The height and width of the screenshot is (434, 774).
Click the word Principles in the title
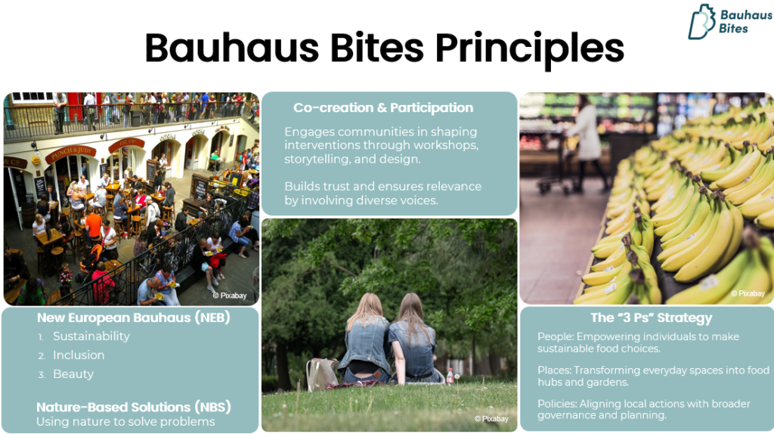(529, 49)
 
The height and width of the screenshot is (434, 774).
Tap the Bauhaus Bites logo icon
(701, 22)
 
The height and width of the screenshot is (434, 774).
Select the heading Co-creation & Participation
(383, 107)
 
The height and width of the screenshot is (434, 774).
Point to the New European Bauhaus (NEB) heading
(134, 318)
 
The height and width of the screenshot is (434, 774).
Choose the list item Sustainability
(91, 336)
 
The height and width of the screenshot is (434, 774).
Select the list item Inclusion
(79, 355)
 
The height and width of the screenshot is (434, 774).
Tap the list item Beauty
(73, 374)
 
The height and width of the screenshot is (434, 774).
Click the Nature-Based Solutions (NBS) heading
(134, 408)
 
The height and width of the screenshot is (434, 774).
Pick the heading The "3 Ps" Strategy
(651, 318)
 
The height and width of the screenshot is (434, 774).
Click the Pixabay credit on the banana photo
(748, 293)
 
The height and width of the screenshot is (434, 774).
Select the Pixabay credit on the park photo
(491, 419)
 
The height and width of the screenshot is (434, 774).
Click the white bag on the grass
(322, 374)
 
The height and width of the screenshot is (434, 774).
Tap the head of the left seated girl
(367, 307)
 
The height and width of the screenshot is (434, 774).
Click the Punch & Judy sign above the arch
(70, 153)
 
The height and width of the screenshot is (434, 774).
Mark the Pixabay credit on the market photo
(230, 296)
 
